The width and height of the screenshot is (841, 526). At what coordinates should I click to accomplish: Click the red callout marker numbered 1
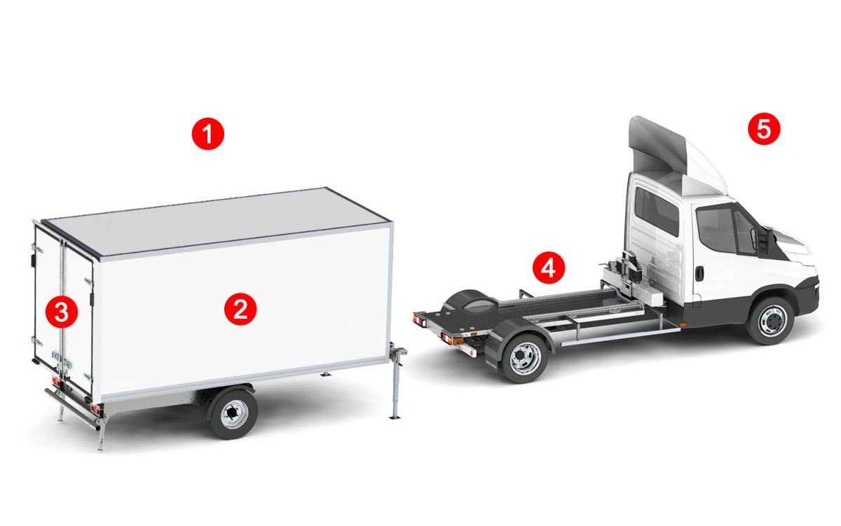pyautogui.click(x=207, y=134)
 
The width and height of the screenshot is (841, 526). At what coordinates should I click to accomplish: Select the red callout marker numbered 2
pyautogui.click(x=240, y=309)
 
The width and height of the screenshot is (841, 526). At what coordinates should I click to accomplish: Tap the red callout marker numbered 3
pyautogui.click(x=62, y=312)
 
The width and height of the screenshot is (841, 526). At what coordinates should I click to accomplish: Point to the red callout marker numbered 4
pyautogui.click(x=549, y=268)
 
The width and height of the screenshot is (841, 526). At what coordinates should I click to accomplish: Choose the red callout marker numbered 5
pyautogui.click(x=764, y=128)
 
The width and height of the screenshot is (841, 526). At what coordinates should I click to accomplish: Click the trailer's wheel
pyautogui.click(x=233, y=414)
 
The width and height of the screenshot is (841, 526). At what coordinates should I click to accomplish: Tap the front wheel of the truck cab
pyautogui.click(x=771, y=321)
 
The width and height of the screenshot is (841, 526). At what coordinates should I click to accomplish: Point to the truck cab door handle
pyautogui.click(x=699, y=273)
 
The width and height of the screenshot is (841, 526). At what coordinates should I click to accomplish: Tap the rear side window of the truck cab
pyautogui.click(x=657, y=211)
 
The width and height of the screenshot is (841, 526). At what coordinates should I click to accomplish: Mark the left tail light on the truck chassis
pyautogui.click(x=419, y=320)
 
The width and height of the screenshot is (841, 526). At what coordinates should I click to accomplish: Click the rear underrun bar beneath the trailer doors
pyautogui.click(x=72, y=409)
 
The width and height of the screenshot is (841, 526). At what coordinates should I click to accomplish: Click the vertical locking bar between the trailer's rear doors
pyautogui.click(x=62, y=307)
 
